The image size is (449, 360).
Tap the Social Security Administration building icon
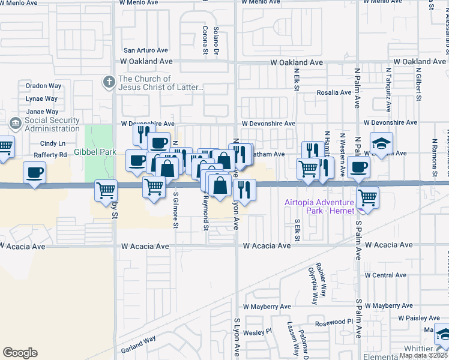pyautogui.click(x=15, y=124)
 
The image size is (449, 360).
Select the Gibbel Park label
pyautogui.click(x=95, y=152)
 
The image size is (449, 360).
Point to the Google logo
pyautogui.click(x=20, y=353)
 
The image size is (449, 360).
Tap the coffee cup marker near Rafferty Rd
pyautogui.click(x=33, y=173)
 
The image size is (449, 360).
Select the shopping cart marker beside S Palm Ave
pyautogui.click(x=367, y=197)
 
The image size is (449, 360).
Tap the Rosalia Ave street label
pyautogui.click(x=335, y=92)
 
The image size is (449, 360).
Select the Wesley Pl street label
pyautogui.click(x=258, y=331)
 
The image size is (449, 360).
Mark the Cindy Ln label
pyautogui.click(x=52, y=143)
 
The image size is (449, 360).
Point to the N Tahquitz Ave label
pyautogui.click(x=388, y=97)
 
